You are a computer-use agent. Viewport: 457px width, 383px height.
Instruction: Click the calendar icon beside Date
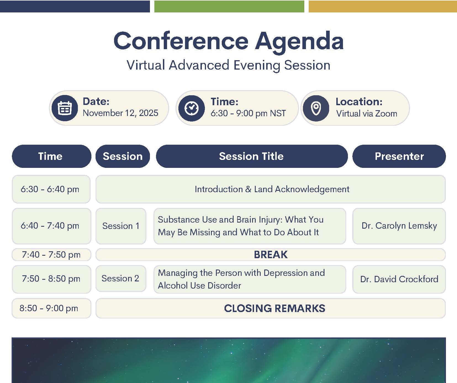pyautogui.click(x=65, y=108)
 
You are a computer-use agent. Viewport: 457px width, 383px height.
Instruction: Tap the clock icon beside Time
pyautogui.click(x=191, y=108)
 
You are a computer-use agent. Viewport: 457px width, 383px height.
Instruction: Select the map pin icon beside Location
pyautogui.click(x=316, y=108)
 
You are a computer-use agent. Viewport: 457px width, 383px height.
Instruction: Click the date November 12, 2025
pyautogui.click(x=120, y=113)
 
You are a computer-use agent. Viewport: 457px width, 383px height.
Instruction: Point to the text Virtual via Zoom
pyautogui.click(x=366, y=113)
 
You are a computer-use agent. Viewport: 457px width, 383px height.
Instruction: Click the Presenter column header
pyautogui.click(x=399, y=156)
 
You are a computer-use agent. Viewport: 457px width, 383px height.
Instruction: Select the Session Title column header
pyautogui.click(x=252, y=156)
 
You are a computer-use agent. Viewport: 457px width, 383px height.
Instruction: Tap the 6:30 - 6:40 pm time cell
pyautogui.click(x=51, y=189)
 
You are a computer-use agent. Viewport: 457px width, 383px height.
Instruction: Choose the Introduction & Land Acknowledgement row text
pyautogui.click(x=272, y=189)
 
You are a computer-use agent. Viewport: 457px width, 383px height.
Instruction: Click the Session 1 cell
pyautogui.click(x=121, y=226)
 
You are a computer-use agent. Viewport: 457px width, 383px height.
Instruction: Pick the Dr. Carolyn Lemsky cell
pyautogui.click(x=399, y=226)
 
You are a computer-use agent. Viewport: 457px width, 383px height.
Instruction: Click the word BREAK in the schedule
pyautogui.click(x=271, y=255)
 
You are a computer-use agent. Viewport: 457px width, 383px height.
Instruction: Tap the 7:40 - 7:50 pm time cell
pyautogui.click(x=51, y=255)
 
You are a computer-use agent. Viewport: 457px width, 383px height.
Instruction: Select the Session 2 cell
pyautogui.click(x=121, y=278)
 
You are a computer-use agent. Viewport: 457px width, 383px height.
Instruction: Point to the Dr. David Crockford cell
pyautogui.click(x=399, y=279)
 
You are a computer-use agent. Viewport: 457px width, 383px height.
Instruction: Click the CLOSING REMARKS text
pyautogui.click(x=274, y=308)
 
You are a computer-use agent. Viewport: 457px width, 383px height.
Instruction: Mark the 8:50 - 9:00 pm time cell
pyautogui.click(x=51, y=308)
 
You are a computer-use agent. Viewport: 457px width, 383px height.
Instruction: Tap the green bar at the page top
pyautogui.click(x=229, y=6)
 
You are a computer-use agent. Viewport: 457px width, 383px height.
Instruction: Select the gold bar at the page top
pyautogui.click(x=383, y=6)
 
